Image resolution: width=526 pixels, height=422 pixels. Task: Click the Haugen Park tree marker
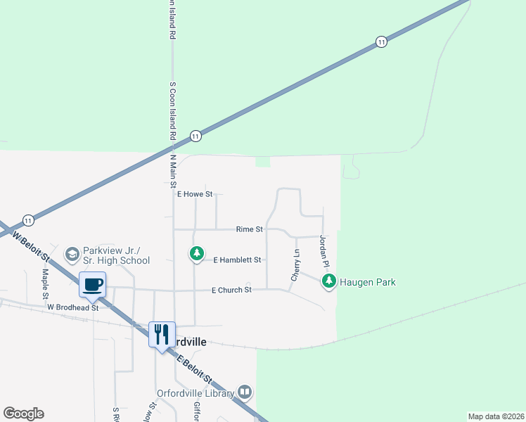pyautogui.click(x=328, y=282)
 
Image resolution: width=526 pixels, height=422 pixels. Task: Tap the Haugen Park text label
pyautogui.click(x=368, y=283)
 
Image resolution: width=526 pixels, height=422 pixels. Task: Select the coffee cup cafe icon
pyautogui.click(x=93, y=285)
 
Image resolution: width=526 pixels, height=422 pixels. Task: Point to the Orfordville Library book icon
pyautogui.click(x=245, y=392)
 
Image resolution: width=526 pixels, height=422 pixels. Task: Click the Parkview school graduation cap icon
pyautogui.click(x=72, y=253)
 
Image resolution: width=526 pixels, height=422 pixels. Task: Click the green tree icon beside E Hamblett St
pyautogui.click(x=198, y=253)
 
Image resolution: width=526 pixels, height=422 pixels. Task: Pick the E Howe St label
pyautogui.click(x=194, y=194)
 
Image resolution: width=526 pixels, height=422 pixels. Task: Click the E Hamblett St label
pyautogui.click(x=237, y=260)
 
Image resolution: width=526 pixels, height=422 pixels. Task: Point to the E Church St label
pyautogui.click(x=232, y=290)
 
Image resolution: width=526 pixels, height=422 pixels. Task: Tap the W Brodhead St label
pyautogui.click(x=73, y=307)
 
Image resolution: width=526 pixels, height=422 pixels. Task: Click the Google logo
pyautogui.click(x=23, y=413)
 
